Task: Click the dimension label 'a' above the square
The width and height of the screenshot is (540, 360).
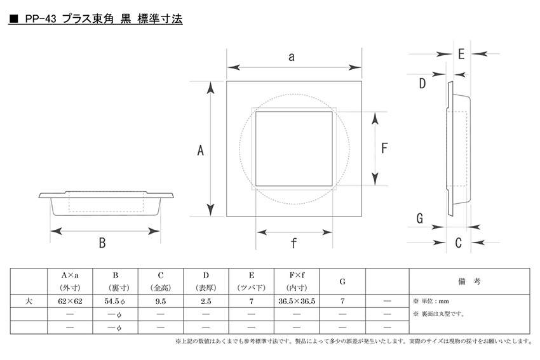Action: coord(292,57)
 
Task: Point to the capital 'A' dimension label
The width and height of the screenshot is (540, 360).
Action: coord(200,150)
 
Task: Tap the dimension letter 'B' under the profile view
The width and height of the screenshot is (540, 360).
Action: coord(102,243)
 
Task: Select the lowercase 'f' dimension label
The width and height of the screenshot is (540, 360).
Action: coord(294,243)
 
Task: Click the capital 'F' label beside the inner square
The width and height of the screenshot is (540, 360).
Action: coord(384,149)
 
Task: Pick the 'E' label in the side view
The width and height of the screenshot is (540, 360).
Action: coord(461,54)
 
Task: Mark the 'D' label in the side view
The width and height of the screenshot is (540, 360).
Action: coord(422,84)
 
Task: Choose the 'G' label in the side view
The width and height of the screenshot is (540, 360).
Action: coord(419,218)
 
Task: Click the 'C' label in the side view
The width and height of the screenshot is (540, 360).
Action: coord(458,243)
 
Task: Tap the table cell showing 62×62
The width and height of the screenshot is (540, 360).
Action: coord(70,301)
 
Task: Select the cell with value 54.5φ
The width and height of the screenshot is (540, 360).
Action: coord(115,301)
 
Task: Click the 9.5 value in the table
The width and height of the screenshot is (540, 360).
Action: coord(161,301)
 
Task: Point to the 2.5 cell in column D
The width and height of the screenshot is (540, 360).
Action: coord(206,301)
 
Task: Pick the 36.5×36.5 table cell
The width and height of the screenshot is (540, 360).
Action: coord(297,301)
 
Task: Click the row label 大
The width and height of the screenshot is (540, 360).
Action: coord(29,301)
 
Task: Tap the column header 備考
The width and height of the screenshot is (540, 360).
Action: coord(469,281)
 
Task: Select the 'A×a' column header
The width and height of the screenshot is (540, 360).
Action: coord(70,276)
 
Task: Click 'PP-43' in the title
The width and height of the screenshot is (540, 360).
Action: coord(41,19)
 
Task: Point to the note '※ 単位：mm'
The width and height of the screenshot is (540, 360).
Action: coord(431,301)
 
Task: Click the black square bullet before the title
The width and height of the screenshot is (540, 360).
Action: coord(14,19)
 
